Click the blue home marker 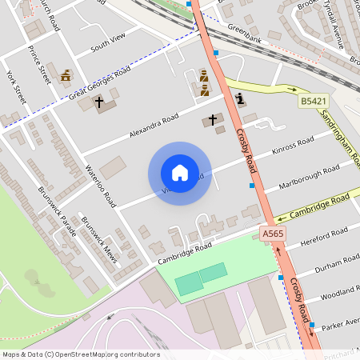click(x=179, y=173)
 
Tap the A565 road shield click(x=273, y=233)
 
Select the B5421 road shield click(x=314, y=101)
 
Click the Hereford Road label click(x=323, y=237)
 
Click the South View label click(x=109, y=44)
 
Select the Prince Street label click(x=38, y=64)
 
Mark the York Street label click(x=16, y=87)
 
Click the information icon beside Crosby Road click(x=241, y=99)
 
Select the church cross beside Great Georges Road click(x=100, y=102)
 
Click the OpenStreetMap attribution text click(x=80, y=354)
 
